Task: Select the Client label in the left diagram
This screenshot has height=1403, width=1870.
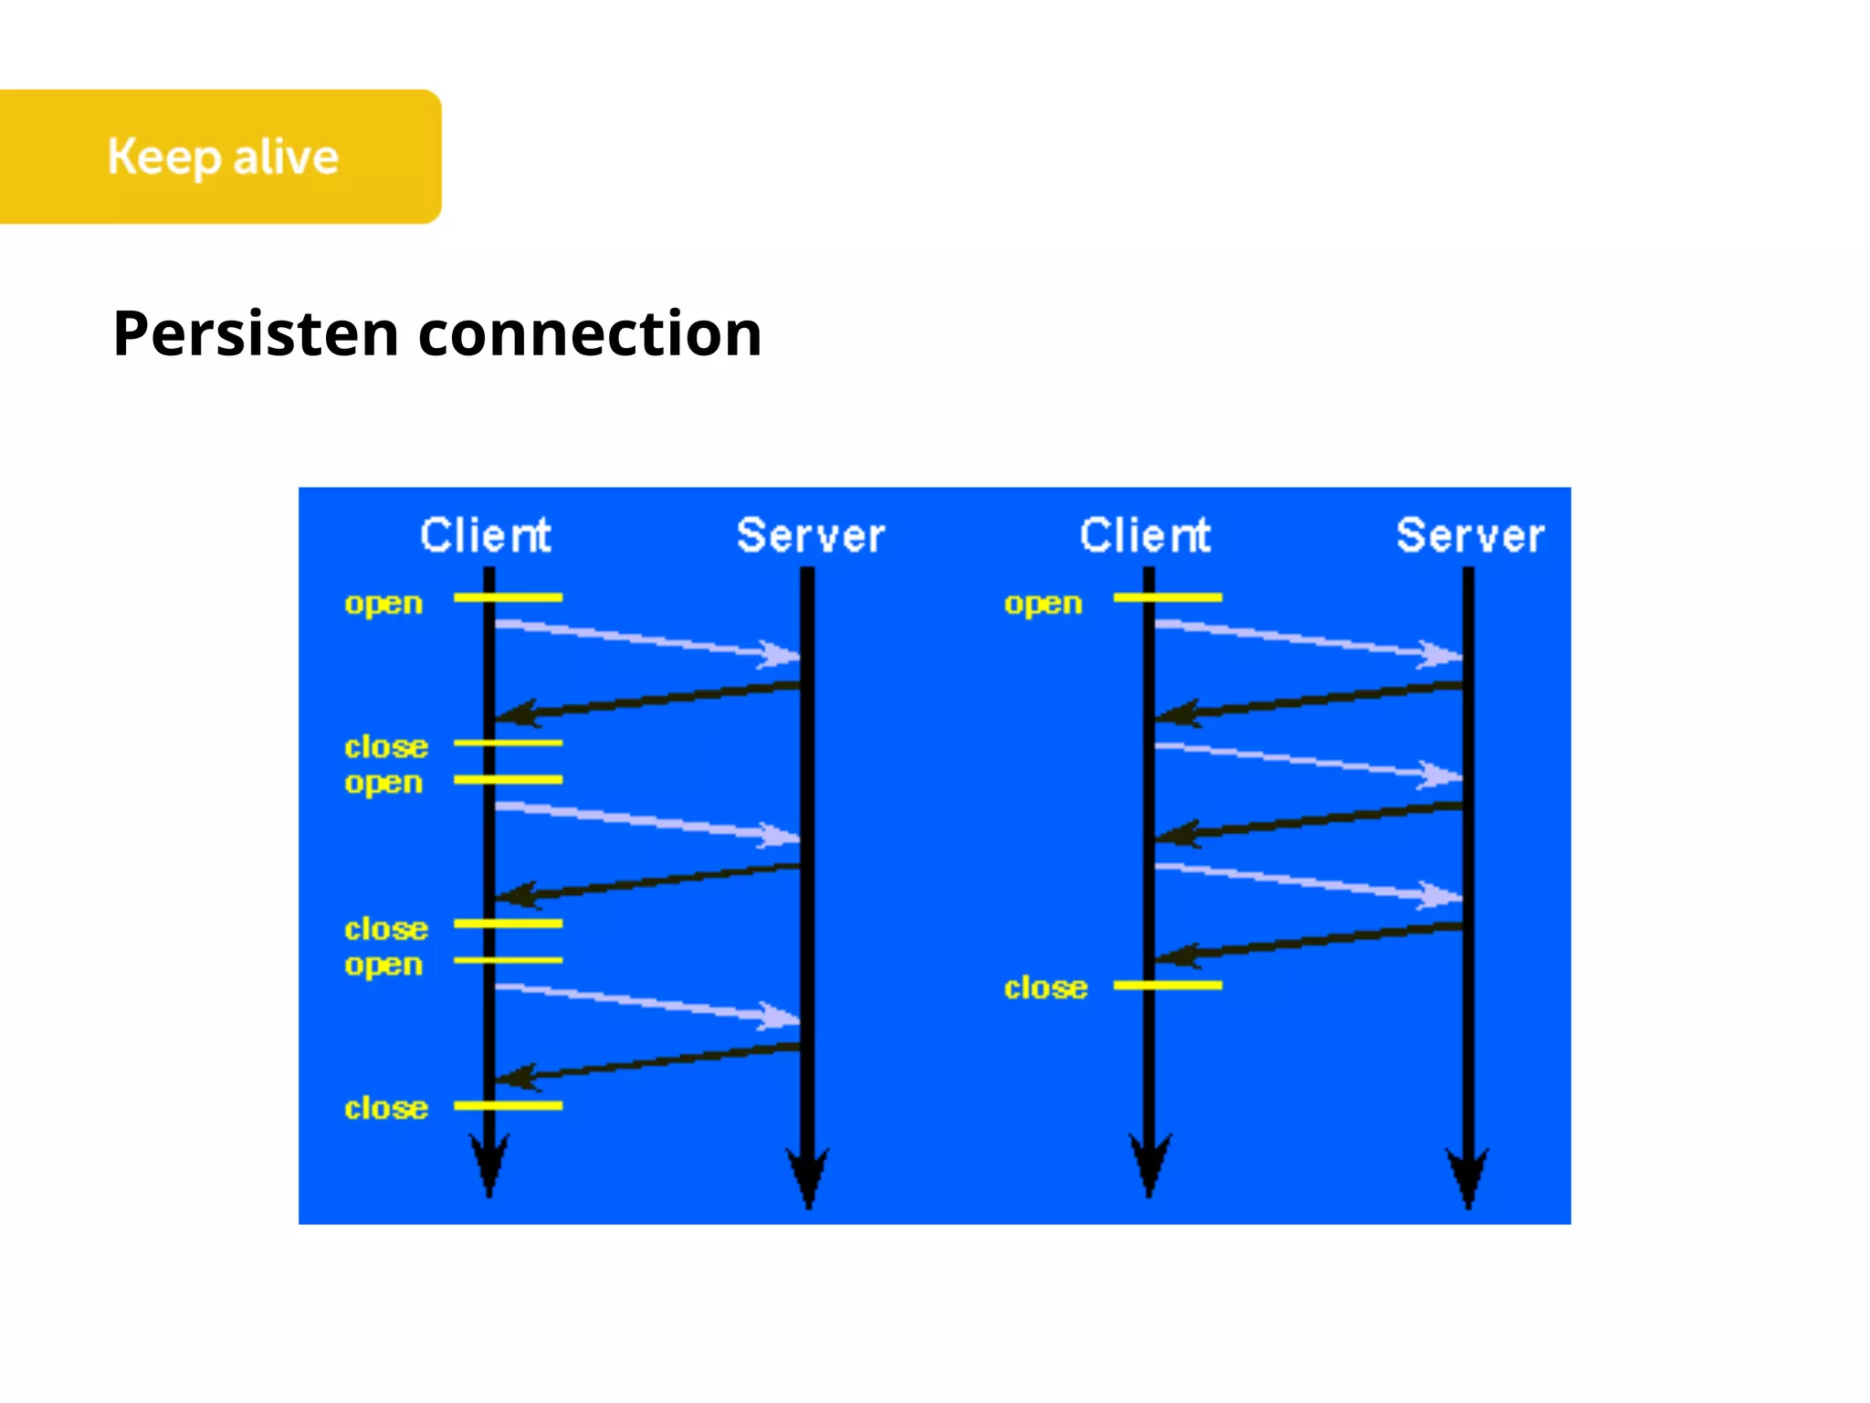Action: pos(485,535)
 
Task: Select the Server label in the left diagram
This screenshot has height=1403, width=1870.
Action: pos(810,535)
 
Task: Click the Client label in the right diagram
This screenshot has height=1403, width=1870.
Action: pos(1145,535)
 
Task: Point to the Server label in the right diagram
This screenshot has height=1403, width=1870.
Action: pos(1469,535)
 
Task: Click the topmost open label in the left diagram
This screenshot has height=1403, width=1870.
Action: pos(383,604)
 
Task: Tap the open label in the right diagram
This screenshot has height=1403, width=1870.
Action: pos(1043,604)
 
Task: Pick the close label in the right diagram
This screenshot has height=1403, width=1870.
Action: pos(1045,987)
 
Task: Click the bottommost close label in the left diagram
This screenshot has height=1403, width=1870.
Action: pos(385,1108)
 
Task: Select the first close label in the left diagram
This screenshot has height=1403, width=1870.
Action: pos(385,746)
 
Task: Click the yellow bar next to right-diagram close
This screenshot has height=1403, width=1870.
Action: pos(1168,985)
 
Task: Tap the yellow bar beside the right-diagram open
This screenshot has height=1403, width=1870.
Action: pos(1168,597)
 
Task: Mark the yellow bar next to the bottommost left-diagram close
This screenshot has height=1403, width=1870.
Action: pos(508,1105)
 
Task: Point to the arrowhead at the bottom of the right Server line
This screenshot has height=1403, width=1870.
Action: pos(1468,1178)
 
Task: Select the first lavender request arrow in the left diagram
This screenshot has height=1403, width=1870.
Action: pos(644,638)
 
